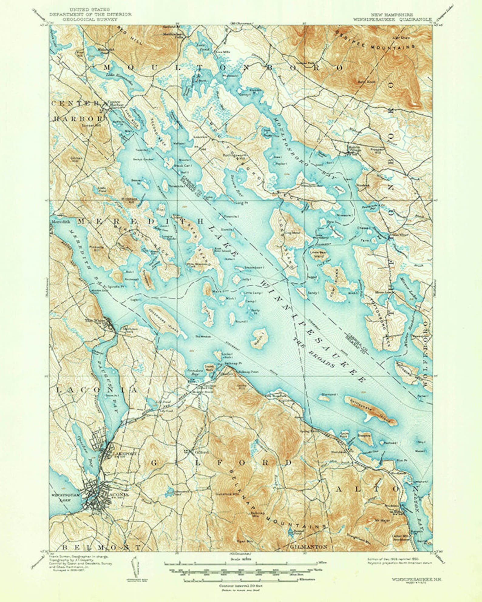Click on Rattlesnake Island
pyautogui.click(x=369, y=410)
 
